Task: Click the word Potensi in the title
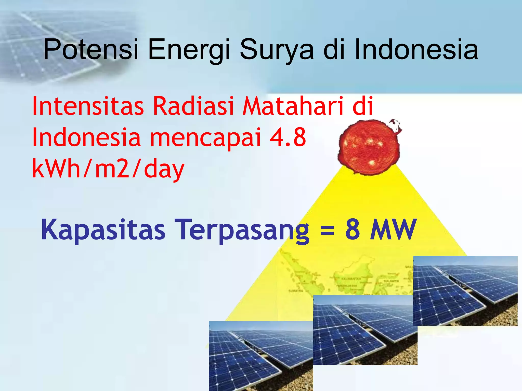[91, 49]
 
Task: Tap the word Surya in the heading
[277, 49]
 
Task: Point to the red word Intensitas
[88, 106]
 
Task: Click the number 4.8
[288, 137]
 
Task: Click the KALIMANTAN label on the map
[351, 279]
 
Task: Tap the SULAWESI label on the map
[391, 281]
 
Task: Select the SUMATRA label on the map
[296, 290]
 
